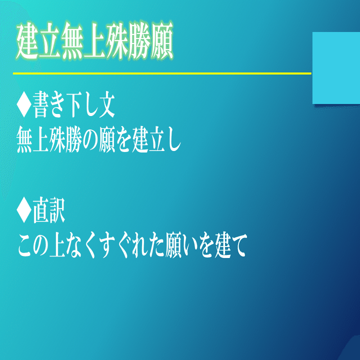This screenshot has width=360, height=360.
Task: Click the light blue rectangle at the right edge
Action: (336, 68)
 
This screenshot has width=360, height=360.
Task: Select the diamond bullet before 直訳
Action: (23, 210)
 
